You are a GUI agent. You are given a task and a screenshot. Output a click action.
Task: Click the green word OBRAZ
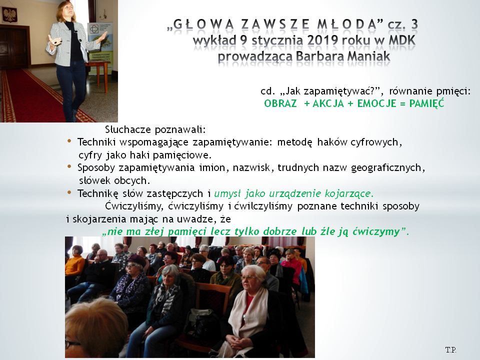coord(280,103)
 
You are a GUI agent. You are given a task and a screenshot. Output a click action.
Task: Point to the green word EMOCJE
coord(377,103)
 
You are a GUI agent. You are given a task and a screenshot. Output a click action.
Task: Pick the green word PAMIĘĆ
coord(426,103)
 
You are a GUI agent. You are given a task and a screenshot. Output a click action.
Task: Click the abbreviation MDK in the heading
coord(402,40)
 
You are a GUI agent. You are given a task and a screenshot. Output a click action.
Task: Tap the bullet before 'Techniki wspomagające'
coord(69,141)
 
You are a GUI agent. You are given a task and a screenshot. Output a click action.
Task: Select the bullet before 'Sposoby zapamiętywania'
coord(69,166)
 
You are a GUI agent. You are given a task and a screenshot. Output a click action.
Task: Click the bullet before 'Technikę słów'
coord(69,192)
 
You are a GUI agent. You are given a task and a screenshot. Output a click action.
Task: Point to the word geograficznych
coord(387,168)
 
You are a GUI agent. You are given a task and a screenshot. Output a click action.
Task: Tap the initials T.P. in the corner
coord(450,349)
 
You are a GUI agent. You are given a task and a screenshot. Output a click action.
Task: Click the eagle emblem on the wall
coord(10,14)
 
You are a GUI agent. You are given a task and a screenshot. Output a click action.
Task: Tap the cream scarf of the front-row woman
coord(248,315)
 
